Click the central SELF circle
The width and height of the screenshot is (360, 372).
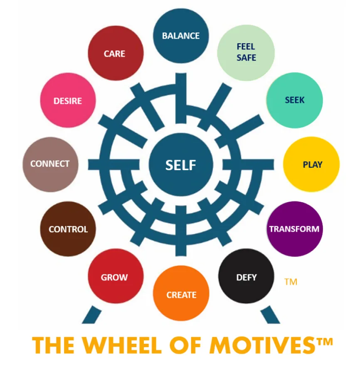[x=181, y=165]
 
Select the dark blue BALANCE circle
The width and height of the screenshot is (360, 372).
[x=181, y=36]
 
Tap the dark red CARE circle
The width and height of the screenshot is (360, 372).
[x=116, y=53]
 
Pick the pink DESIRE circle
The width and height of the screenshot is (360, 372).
[x=68, y=100]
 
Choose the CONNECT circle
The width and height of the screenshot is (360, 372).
[x=50, y=164]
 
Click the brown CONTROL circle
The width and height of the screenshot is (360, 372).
[x=68, y=229]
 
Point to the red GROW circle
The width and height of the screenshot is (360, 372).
[x=116, y=276]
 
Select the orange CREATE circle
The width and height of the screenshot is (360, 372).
[x=181, y=293]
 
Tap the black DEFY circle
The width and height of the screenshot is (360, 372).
[x=246, y=276]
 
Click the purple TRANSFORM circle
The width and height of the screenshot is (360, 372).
[x=294, y=229]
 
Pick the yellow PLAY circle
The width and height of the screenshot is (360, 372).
[x=311, y=164]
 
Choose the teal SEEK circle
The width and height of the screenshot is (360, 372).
[x=294, y=100]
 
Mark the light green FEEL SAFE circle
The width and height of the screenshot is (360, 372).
[x=246, y=53]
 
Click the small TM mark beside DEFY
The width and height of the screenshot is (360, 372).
[x=291, y=282]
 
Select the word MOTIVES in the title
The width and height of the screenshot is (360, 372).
[x=262, y=345]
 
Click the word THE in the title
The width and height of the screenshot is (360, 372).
[x=53, y=345]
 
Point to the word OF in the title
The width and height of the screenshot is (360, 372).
[x=185, y=345]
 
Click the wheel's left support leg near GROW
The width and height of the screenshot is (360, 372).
[x=91, y=315]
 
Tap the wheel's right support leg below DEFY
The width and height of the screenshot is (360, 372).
[x=270, y=315]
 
